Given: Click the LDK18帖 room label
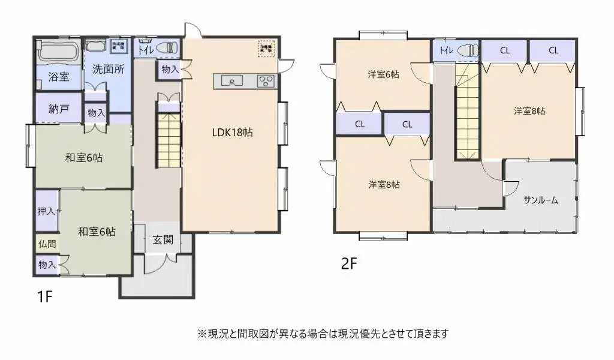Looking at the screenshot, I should [232, 133].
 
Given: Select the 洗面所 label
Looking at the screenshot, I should [109, 69].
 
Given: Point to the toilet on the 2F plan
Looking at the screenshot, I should [468, 51].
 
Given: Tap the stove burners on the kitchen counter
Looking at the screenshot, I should [265, 81].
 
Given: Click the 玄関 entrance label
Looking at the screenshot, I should [162, 240].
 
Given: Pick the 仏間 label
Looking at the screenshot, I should [47, 244].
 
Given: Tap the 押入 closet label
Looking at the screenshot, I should [46, 211].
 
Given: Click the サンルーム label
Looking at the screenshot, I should [540, 200].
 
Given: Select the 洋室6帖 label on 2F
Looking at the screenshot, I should [384, 75].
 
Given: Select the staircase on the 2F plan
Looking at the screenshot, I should [468, 114].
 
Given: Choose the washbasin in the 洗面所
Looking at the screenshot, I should [96, 46].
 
